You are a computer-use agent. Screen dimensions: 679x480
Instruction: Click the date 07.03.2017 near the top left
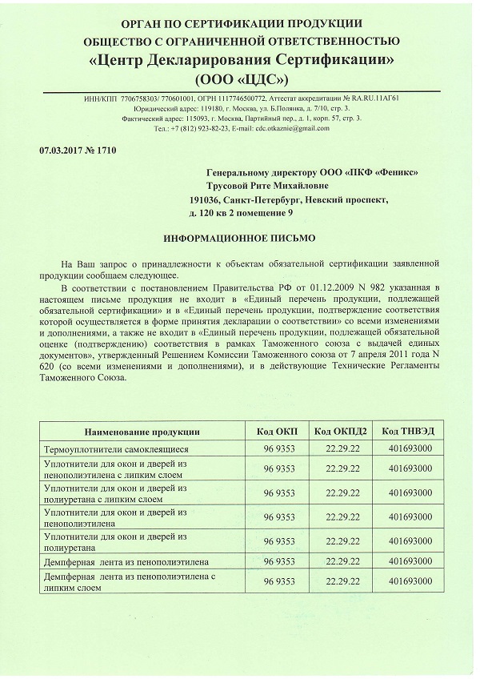(x=59, y=150)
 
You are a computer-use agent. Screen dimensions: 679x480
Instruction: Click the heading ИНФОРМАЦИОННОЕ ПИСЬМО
(x=240, y=239)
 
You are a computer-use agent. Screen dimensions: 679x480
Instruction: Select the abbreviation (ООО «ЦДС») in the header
(x=241, y=81)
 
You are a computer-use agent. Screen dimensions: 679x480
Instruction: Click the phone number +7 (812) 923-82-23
(x=199, y=128)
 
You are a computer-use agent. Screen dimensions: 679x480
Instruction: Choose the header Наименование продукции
(x=142, y=432)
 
